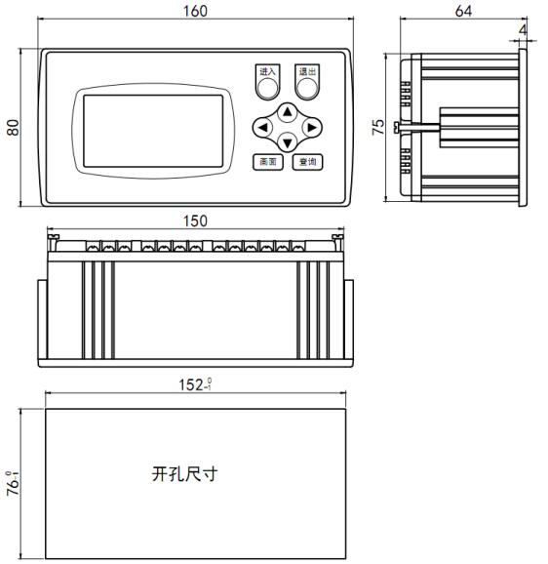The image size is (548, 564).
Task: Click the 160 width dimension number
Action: pos(195,11)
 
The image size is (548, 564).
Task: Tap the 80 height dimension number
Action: pos(14,127)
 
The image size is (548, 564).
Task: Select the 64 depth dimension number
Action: pos(463,11)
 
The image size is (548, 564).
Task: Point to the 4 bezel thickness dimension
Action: pos(523,30)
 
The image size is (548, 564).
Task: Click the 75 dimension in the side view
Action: pos(378,127)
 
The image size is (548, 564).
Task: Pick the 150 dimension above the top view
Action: pos(195,221)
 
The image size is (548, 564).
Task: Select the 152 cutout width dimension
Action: pos(195,384)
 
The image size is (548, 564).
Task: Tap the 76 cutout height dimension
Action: pos(14,483)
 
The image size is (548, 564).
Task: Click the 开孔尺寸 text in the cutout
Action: pos(184,473)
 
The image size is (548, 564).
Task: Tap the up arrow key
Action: pos(287,112)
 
